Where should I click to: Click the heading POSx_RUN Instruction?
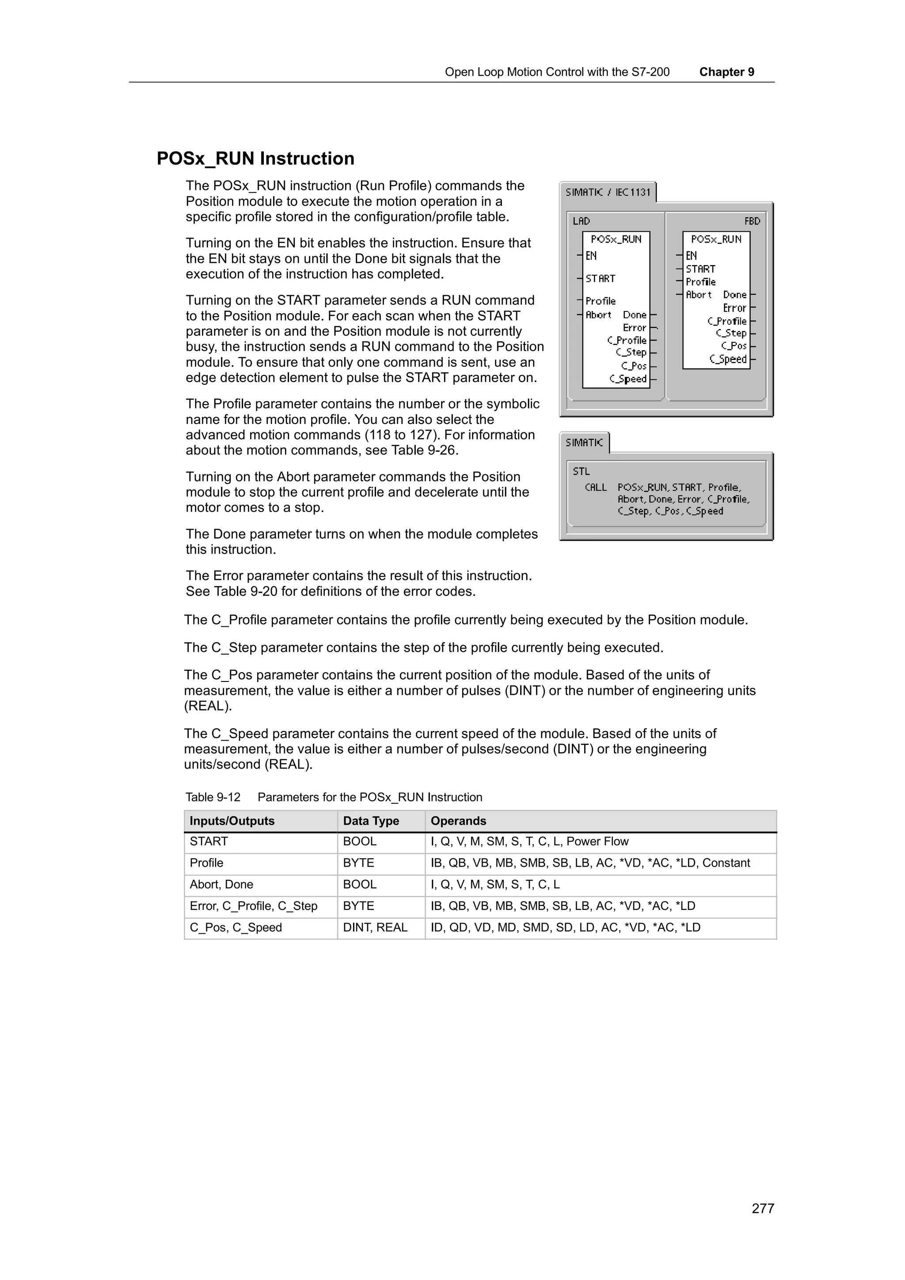tap(255, 159)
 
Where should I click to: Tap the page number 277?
tap(762, 1208)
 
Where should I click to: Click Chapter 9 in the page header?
tap(726, 72)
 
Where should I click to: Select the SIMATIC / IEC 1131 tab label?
tap(608, 192)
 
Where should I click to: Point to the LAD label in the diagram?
tap(581, 221)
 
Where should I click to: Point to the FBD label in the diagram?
tap(752, 221)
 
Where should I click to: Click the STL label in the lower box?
tap(581, 472)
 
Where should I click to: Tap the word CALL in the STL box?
tap(596, 487)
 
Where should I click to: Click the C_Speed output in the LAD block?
tap(628, 379)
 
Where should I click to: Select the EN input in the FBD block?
tap(692, 256)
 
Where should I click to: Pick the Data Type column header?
tap(371, 821)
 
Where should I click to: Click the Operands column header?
tap(458, 821)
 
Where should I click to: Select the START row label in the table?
tap(209, 841)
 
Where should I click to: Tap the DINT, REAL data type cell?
tap(375, 927)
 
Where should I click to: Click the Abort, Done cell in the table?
tap(221, 884)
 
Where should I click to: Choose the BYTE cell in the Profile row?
tap(358, 863)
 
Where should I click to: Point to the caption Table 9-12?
tap(213, 797)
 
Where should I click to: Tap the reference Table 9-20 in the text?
tap(245, 591)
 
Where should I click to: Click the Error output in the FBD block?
tap(734, 308)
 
